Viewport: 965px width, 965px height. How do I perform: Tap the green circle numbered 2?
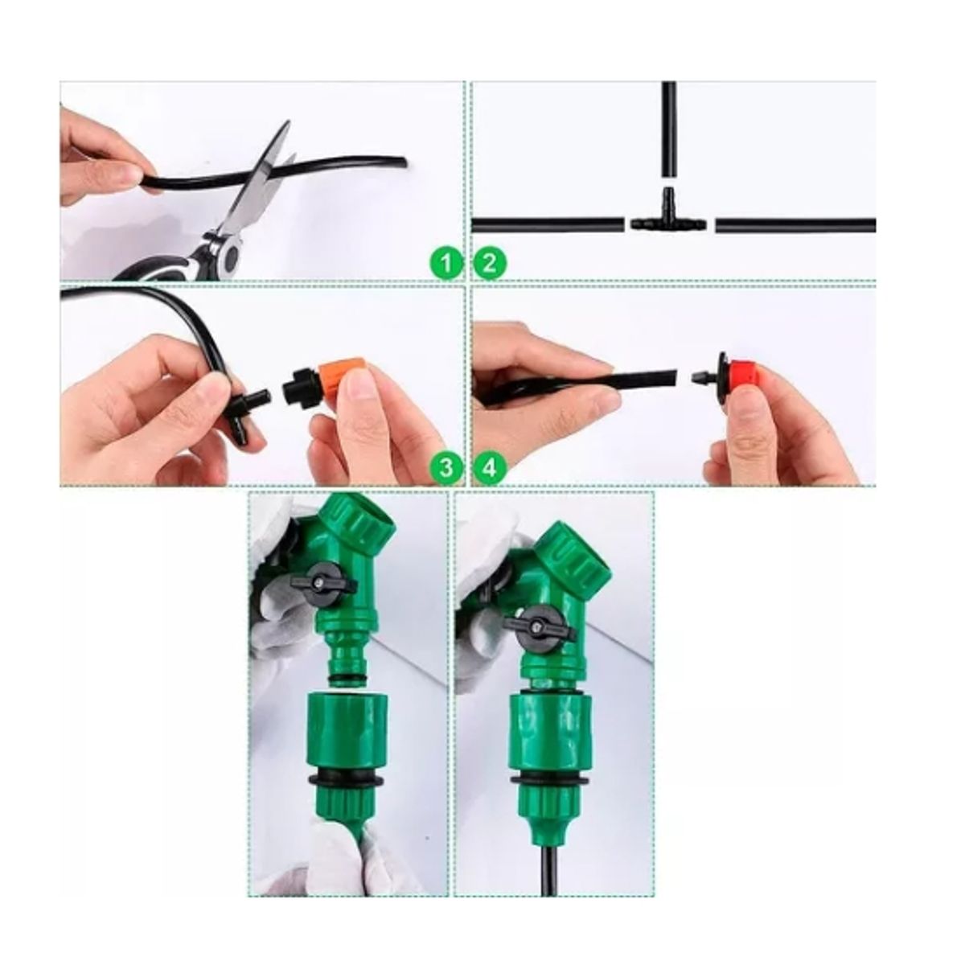tap(490, 262)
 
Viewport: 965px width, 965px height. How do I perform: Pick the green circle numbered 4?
tap(490, 467)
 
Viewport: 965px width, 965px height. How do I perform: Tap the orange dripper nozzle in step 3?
tap(344, 378)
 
